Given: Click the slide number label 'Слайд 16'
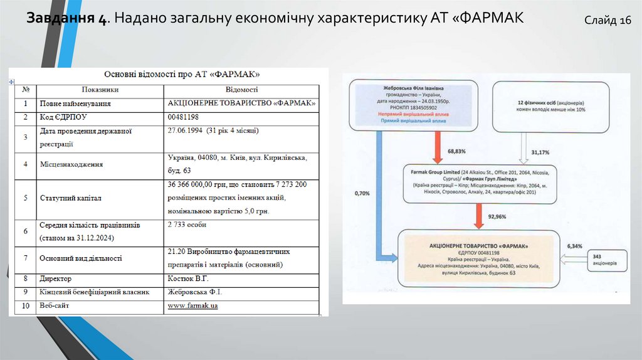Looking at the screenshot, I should coord(608,21).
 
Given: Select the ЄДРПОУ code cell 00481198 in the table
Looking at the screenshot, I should coord(183,117).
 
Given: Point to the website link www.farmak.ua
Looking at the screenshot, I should coord(192,306).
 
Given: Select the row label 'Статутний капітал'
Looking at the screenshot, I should coord(70,198).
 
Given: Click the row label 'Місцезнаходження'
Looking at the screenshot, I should coord(71,165).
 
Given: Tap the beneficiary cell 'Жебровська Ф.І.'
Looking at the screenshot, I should coord(194,292).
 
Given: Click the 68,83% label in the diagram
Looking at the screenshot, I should coord(457,152).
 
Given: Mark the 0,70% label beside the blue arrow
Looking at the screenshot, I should coord(362,193).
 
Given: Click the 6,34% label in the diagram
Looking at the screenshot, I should coord(574,246).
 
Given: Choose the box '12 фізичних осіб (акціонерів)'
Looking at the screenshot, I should coord(551,106).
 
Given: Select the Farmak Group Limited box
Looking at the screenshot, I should coord(480,184).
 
